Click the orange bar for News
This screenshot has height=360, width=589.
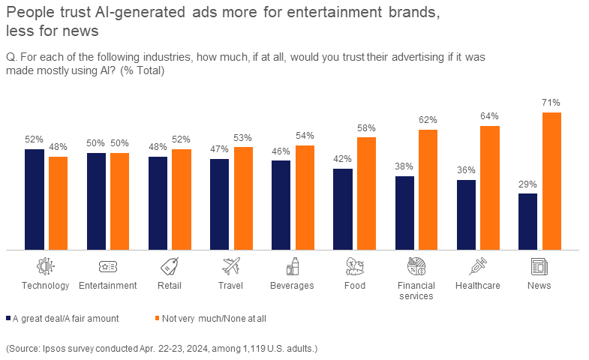(x=551, y=181)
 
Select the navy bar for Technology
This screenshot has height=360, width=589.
(x=35, y=199)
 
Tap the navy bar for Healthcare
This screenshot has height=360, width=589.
(x=466, y=214)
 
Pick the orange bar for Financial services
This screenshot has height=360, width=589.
(x=428, y=189)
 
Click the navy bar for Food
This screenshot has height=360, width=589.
(x=343, y=208)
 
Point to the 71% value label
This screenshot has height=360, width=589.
(x=551, y=103)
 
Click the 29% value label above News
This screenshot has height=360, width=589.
(x=527, y=184)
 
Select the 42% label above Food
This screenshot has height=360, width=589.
(x=343, y=159)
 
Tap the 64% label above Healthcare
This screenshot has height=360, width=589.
(x=490, y=116)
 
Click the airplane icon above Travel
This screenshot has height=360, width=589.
(x=231, y=266)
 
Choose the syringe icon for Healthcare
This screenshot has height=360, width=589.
(x=478, y=266)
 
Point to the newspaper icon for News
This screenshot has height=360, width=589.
(x=539, y=266)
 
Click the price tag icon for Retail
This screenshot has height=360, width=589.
(x=169, y=266)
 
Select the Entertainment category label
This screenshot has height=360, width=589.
(x=107, y=285)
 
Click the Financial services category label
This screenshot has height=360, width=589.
(x=416, y=290)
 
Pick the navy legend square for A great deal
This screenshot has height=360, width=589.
(x=8, y=318)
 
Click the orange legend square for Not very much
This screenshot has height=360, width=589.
(x=158, y=318)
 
